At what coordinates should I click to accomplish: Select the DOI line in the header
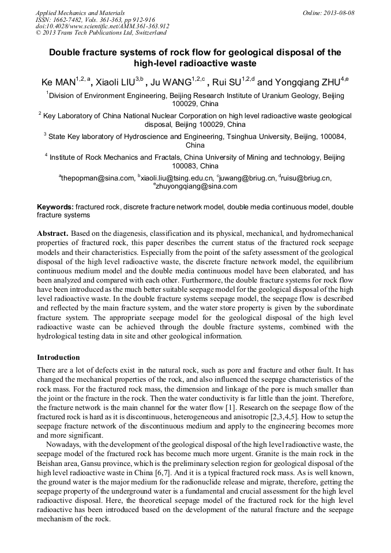point(102,26)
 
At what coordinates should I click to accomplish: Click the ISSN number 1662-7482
point(66,20)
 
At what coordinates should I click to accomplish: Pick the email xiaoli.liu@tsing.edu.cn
point(178,178)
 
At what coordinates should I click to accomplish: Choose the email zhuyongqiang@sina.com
point(196,186)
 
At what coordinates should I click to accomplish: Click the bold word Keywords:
point(55,206)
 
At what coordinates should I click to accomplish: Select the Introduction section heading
point(58,357)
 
